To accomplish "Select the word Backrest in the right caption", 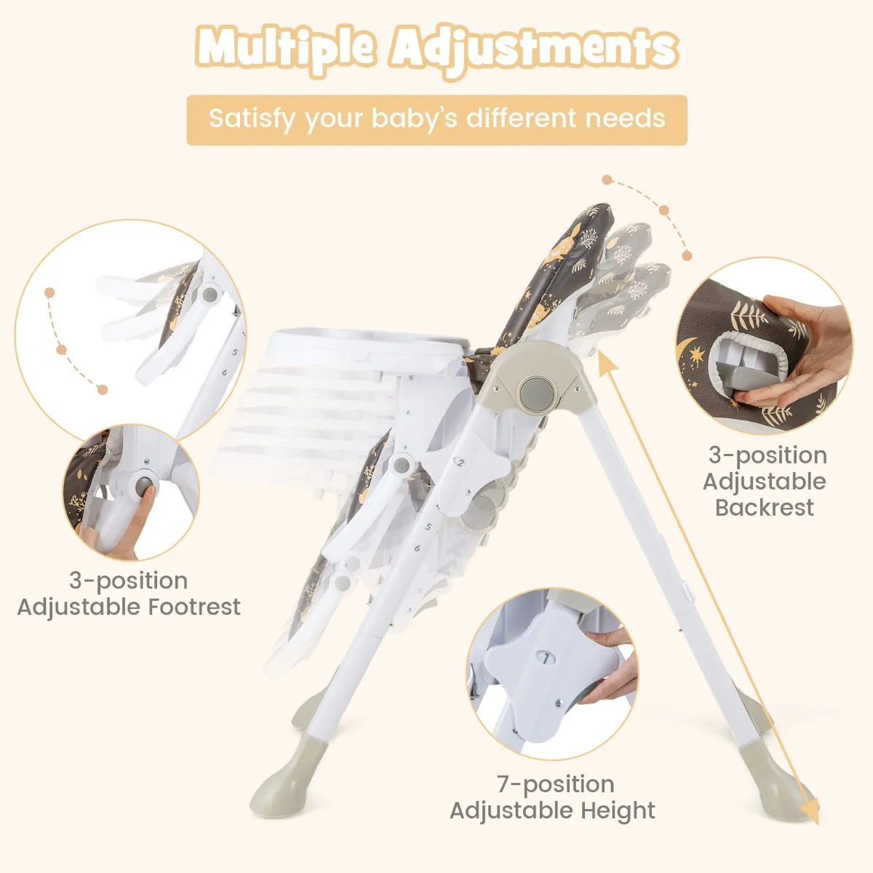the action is tap(765, 507).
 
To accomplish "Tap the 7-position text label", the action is tap(555, 784).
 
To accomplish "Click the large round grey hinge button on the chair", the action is tap(538, 393).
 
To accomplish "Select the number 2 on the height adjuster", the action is tap(461, 463).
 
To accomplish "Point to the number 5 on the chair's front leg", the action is tap(428, 527).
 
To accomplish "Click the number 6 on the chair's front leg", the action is tap(418, 549).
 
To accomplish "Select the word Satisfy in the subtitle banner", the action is tap(251, 119).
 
